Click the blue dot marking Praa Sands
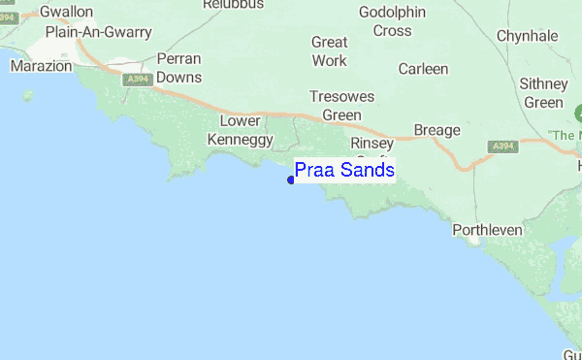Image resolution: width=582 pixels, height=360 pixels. coord(291,179)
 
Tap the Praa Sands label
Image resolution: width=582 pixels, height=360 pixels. coord(344,171)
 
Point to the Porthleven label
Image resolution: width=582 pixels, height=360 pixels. coord(488,230)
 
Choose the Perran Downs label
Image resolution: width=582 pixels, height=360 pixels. coord(178,68)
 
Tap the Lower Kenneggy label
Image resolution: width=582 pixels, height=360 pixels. coord(241,130)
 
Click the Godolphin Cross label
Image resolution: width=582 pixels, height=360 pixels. coord(385,21)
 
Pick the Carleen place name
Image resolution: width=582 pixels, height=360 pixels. coord(424,69)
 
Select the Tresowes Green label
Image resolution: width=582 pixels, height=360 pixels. coord(336,106)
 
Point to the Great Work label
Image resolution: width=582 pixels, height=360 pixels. coord(329,51)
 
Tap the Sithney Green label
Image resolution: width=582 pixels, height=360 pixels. coord(543,93)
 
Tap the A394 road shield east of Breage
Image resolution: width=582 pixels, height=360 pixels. coord(501,146)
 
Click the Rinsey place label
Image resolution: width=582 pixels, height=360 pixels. coord(372,144)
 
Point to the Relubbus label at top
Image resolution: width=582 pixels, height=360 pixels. coord(234,5)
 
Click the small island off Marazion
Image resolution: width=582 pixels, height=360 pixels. coord(27,95)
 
